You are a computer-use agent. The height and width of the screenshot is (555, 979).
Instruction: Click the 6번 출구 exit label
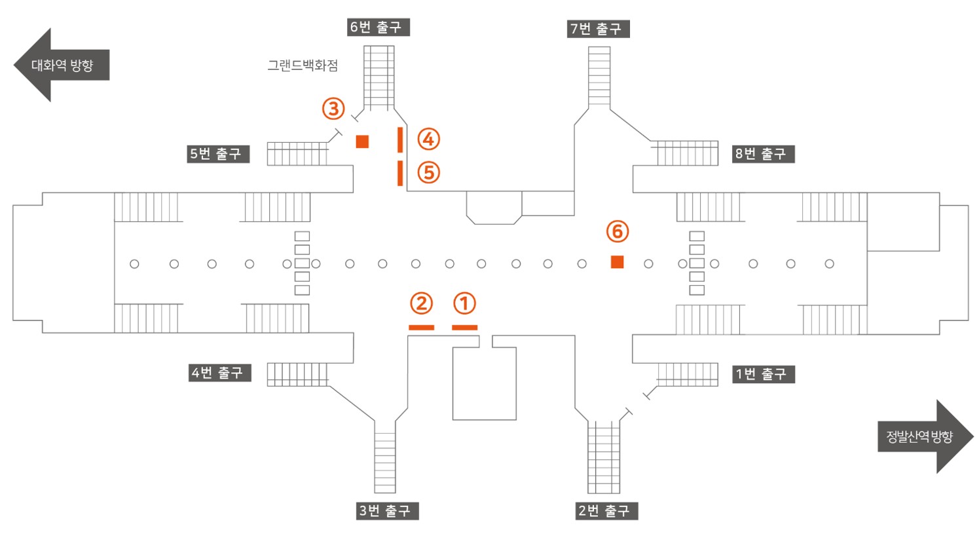[x=379, y=27]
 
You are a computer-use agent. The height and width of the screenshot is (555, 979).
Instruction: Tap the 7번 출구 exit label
[x=599, y=29]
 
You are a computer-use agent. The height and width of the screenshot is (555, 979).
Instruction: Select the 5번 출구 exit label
[x=218, y=154]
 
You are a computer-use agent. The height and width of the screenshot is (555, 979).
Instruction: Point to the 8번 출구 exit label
[x=764, y=154]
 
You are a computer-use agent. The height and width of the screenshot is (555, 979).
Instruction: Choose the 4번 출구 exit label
[x=220, y=373]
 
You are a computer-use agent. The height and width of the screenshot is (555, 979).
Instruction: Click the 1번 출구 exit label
[x=764, y=374]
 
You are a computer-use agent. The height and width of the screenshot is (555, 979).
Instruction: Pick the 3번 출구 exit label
[x=388, y=511]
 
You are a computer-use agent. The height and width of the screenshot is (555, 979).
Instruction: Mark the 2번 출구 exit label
[x=606, y=511]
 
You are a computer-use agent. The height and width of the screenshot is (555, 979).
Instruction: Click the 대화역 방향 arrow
[x=62, y=65]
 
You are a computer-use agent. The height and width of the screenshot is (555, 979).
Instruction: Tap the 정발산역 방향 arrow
[x=926, y=436]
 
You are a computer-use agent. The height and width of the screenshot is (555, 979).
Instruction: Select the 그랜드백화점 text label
[x=303, y=66]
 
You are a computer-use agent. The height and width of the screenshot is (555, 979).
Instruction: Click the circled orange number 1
[x=464, y=303]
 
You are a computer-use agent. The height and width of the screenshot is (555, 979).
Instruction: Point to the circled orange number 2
[x=421, y=303]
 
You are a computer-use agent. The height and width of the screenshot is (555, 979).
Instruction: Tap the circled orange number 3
[x=333, y=109]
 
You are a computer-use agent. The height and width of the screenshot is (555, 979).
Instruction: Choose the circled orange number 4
[x=429, y=139]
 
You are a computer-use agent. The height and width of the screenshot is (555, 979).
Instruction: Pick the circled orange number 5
[x=429, y=172]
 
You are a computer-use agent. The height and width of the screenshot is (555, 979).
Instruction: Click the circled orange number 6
[x=618, y=231]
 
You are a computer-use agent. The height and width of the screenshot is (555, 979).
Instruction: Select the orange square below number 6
[x=617, y=261]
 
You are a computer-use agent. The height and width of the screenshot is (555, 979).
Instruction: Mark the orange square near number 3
[x=362, y=142]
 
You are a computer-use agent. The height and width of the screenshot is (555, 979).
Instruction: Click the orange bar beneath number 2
[x=421, y=328]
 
